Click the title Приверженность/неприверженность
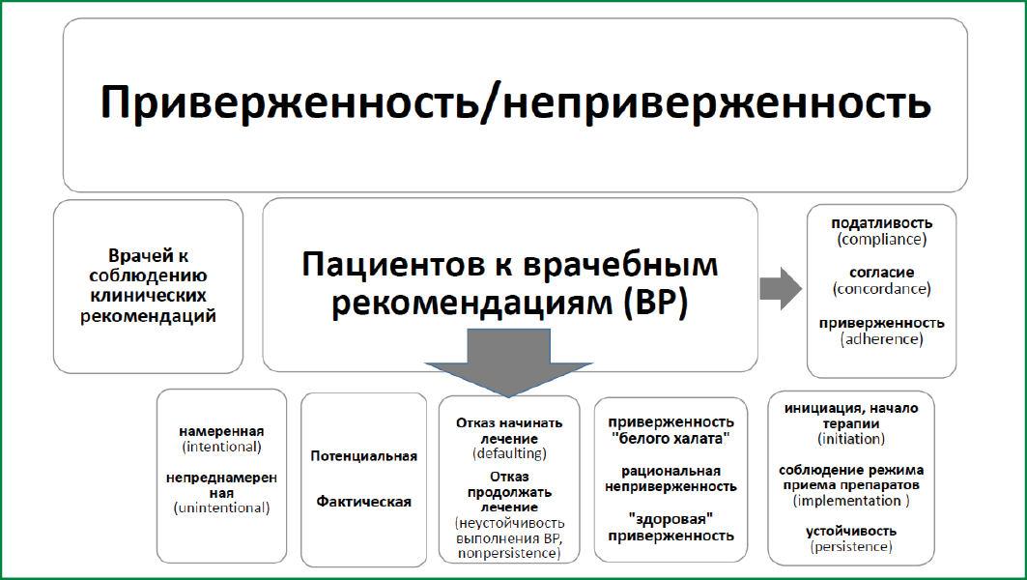tap(515, 102)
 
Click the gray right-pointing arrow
tap(781, 288)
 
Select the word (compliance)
tap(881, 239)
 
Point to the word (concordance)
tap(881, 289)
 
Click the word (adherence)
tap(881, 339)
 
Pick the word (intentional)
tap(221, 447)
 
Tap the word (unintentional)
tap(221, 507)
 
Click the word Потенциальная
tap(363, 456)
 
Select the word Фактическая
tap(363, 502)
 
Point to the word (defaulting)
tap(509, 453)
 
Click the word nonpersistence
tap(507, 554)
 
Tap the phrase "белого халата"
tap(670, 439)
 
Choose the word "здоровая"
tap(670, 520)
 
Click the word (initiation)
tap(851, 439)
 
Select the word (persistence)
tap(851, 546)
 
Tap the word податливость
tap(881, 223)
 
